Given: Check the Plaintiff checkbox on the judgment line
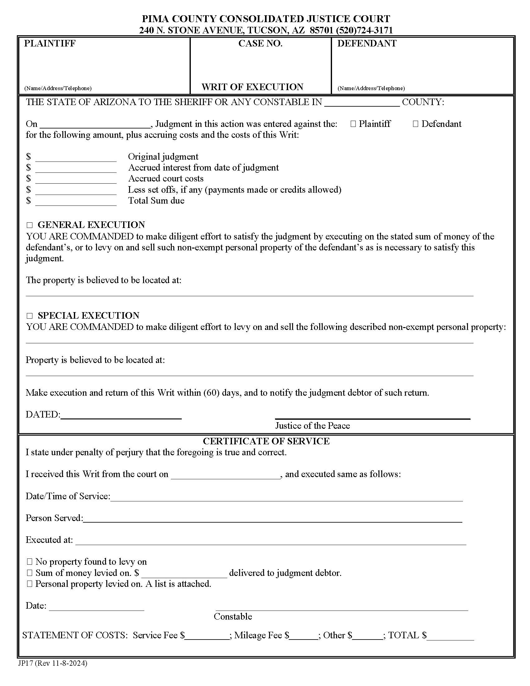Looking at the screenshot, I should pos(353,124).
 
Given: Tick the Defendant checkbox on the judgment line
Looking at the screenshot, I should pos(415,124).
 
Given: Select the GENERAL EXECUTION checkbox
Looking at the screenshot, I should pos(30,225).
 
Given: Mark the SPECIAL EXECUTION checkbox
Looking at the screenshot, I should pos(30,316).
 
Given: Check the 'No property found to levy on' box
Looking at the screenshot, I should pos(30,562).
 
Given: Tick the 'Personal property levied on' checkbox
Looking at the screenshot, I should pos(30,584).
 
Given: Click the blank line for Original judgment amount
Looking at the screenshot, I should pos(76,158).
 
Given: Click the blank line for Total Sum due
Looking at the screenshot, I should pos(76,202).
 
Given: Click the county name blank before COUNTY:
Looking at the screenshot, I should pos(362,103).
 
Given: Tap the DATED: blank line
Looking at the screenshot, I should pos(121,415).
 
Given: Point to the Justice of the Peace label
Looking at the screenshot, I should pos(312,426).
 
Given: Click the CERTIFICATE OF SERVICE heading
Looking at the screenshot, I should pos(266,441).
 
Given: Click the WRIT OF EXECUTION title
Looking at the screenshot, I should pos(252,87).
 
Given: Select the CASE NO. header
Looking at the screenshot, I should pos(260,43).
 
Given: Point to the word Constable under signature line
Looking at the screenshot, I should pos(233,616).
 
